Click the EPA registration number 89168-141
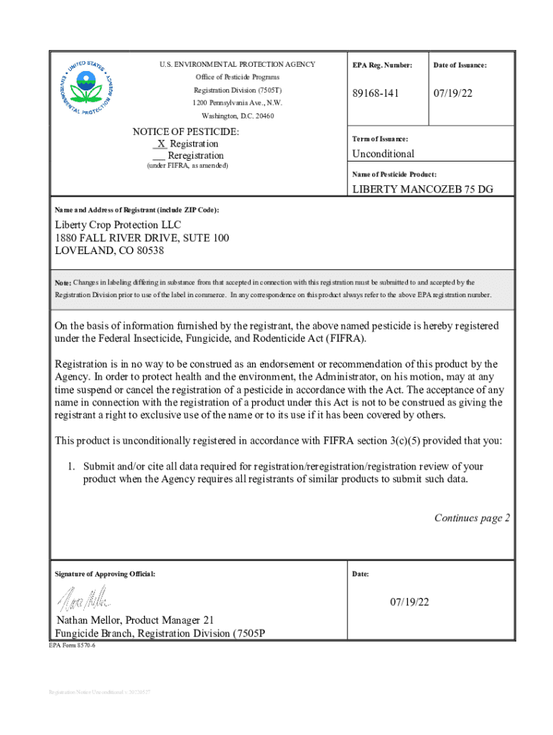point(376,94)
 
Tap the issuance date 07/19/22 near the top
point(452,94)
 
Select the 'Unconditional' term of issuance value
point(383,154)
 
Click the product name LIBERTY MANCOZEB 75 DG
point(422,189)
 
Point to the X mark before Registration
point(160,144)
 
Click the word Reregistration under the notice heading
point(195,155)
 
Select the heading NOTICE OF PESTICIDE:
point(186,132)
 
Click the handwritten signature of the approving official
point(84,596)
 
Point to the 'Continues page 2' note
point(472,518)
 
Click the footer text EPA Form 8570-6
point(72,646)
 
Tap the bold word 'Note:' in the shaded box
point(63,283)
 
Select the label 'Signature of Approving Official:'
point(105,574)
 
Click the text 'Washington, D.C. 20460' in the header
point(237,116)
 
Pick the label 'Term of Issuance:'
point(381,139)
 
